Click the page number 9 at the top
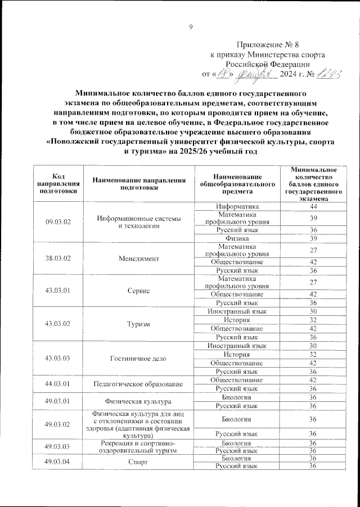pos(190,26)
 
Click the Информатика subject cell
pos(237,206)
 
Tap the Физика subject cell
pos(237,238)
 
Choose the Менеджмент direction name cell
pos(138,259)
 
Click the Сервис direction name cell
pos(138,290)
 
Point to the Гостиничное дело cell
pos(138,359)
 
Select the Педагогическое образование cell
pos(138,384)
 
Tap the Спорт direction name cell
pos(138,462)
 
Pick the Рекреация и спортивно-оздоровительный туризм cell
pos(138,447)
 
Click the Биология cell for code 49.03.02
pos(237,419)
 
